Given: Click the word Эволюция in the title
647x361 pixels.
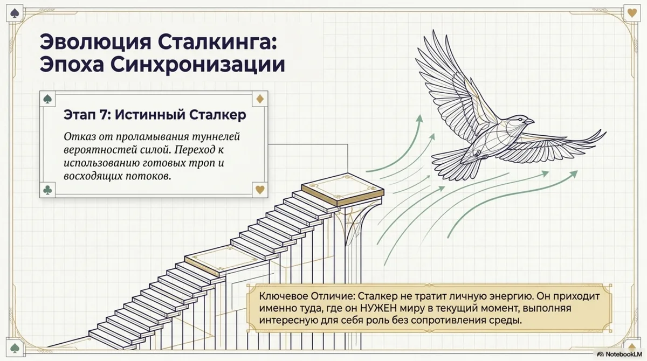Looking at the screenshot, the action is pos(95,43).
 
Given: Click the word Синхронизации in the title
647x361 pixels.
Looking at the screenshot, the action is pos(197,64).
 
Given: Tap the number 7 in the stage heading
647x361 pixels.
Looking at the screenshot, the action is pos(103,115).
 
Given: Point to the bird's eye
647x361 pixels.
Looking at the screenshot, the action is pos(520,119).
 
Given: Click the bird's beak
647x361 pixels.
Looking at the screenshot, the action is pos(530,122).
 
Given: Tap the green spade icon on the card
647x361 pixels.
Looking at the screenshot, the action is pos(47,99).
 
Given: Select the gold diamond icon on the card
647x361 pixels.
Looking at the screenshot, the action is pos(260,99).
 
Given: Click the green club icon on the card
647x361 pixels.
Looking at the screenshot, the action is pos(47,190).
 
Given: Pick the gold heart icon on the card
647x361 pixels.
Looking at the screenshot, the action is pos(260,190).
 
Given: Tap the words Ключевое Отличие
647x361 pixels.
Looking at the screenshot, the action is pos(307,296).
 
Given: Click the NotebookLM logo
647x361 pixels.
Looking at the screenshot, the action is pos(620,354).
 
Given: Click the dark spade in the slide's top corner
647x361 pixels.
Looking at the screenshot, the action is pos(14,13).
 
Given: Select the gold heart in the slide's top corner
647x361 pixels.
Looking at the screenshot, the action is pos(632,13).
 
